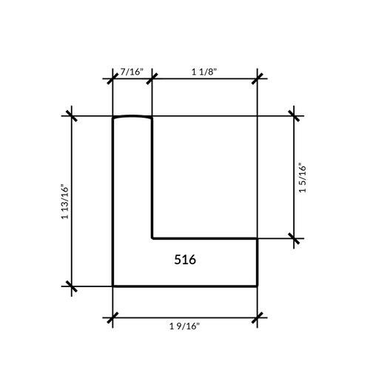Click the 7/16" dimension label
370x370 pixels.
132,72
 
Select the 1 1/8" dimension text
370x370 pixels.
204,72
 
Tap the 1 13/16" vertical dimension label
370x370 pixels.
65,201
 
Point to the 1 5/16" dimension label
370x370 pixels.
302,178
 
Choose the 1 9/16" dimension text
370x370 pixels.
184,326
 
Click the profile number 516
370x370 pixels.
185,260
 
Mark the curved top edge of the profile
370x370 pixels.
132,116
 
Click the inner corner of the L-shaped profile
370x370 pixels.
152,238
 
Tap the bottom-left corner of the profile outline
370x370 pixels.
112,286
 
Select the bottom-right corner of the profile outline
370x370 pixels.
258,286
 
